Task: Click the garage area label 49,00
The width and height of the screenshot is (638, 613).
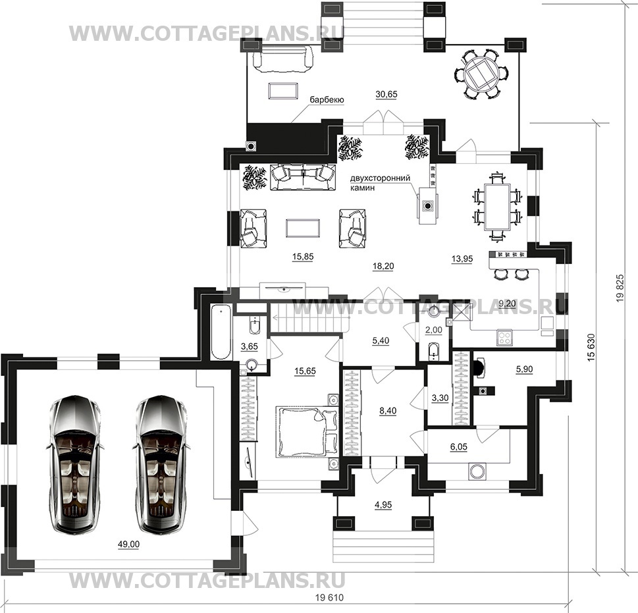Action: click(128, 545)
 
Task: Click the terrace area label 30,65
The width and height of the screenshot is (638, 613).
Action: click(386, 94)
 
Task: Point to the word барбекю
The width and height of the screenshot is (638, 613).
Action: click(327, 99)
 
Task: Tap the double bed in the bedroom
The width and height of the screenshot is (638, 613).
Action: click(307, 431)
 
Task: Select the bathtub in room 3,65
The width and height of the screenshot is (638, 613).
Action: click(221, 333)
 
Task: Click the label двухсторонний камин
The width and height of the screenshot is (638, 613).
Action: click(381, 183)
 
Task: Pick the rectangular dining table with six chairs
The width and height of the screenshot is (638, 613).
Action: click(497, 206)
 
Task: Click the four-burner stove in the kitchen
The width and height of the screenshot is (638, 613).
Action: click(505, 338)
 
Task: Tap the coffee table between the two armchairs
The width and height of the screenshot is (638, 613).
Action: click(303, 227)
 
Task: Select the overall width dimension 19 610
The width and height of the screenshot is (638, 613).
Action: click(329, 598)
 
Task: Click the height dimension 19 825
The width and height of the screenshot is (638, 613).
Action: click(620, 288)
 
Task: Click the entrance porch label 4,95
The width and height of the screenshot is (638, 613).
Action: click(383, 505)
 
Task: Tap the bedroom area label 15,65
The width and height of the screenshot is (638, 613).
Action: click(305, 371)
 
